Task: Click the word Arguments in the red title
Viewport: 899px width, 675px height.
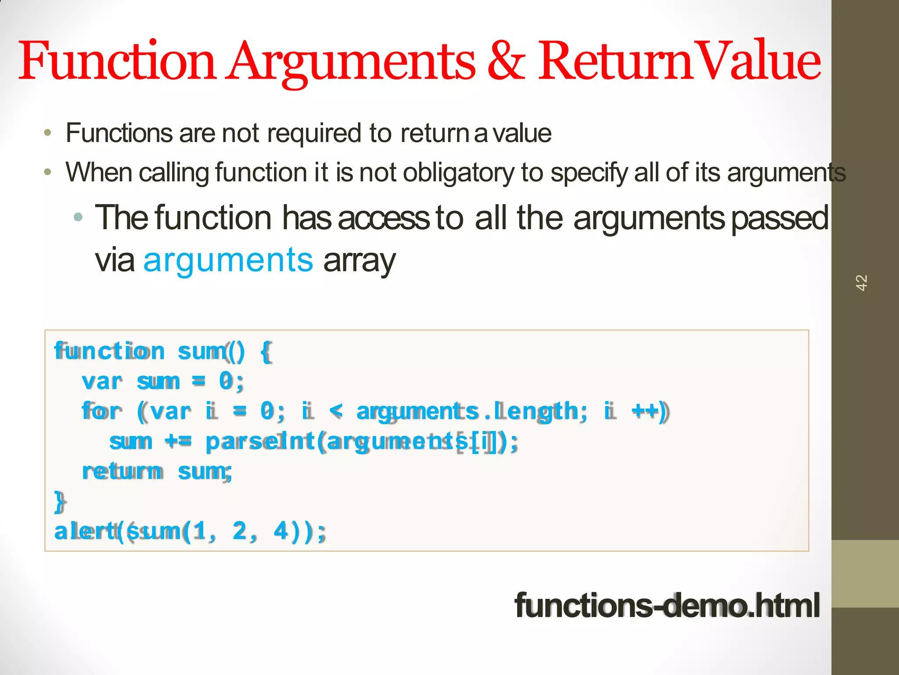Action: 351,62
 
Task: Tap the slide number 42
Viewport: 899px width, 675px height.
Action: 861,283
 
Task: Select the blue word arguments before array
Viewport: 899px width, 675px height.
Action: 228,260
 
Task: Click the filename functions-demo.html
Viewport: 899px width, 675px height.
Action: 667,605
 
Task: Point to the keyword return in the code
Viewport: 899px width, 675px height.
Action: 122,472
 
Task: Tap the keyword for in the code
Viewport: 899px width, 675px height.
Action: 101,411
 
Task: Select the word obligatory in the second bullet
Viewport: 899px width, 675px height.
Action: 458,172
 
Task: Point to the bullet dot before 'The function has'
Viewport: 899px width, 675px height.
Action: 78,217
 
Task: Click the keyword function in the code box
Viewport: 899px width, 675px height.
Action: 109,351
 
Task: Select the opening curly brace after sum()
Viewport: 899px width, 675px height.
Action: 266,352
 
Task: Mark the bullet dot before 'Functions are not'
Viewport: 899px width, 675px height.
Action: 48,133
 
